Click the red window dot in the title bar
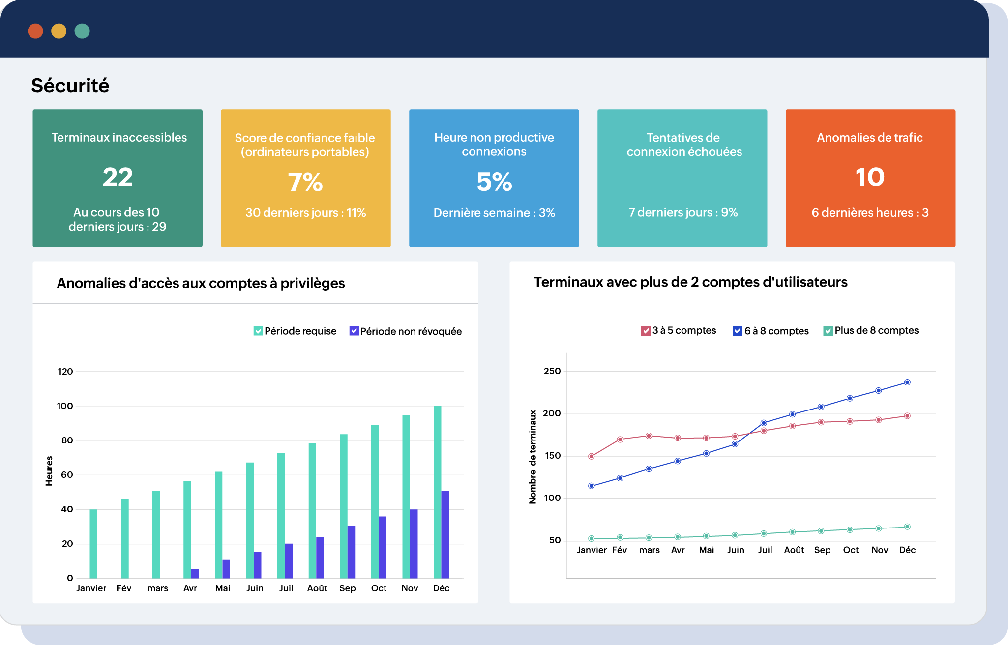pyautogui.click(x=35, y=31)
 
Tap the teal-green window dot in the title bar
pyautogui.click(x=82, y=31)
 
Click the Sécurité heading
pyautogui.click(x=70, y=86)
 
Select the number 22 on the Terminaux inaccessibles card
pyautogui.click(x=118, y=177)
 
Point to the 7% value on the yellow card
pyautogui.click(x=305, y=182)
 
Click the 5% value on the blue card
pyautogui.click(x=494, y=182)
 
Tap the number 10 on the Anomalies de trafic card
pyautogui.click(x=870, y=177)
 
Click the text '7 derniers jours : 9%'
pyautogui.click(x=683, y=212)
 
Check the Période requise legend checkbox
pyautogui.click(x=258, y=331)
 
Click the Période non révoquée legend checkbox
pyautogui.click(x=354, y=331)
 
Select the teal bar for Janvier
pyautogui.click(x=93, y=544)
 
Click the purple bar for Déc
pyautogui.click(x=445, y=534)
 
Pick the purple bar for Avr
pyautogui.click(x=195, y=574)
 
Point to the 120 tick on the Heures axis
pyautogui.click(x=65, y=372)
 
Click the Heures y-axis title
pyautogui.click(x=49, y=471)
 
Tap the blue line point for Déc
pyautogui.click(x=907, y=382)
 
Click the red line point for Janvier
pyautogui.click(x=592, y=456)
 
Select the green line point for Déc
pyautogui.click(x=907, y=527)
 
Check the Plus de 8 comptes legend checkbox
pyautogui.click(x=828, y=331)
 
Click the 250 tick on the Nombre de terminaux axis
pyautogui.click(x=552, y=371)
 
